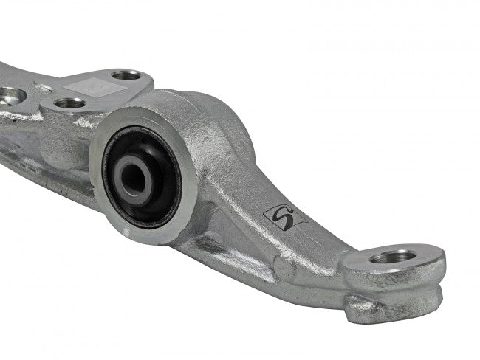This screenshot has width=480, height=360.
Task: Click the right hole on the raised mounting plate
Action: tap(127, 75)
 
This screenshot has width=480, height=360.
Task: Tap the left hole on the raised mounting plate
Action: tap(69, 103)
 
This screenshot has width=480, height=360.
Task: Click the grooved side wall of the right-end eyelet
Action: tap(414, 291)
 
